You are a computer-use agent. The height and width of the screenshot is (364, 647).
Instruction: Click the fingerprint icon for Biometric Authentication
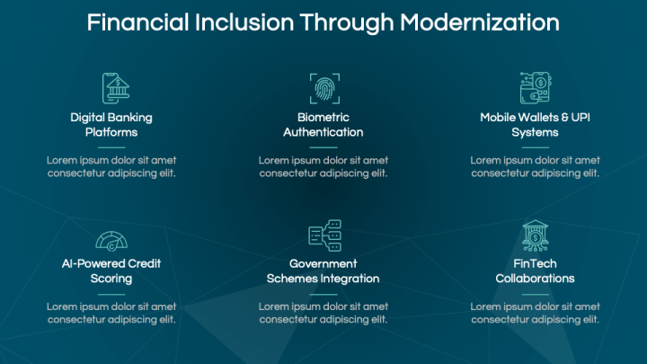click(x=323, y=88)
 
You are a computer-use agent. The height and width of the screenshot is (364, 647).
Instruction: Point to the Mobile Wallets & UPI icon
click(x=535, y=88)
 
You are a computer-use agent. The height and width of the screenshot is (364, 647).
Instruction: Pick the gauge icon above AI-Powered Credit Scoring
click(x=111, y=238)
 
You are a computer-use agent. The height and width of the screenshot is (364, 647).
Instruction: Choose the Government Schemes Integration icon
click(x=323, y=235)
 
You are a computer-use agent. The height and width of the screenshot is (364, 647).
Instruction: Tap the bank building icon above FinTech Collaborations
click(x=535, y=235)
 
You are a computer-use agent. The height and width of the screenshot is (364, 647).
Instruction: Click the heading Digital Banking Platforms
click(x=111, y=125)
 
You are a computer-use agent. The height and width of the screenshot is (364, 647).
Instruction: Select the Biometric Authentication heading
click(x=323, y=125)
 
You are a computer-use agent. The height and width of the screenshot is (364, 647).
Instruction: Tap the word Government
click(x=323, y=264)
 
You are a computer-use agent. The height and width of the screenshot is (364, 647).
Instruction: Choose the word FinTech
click(x=535, y=264)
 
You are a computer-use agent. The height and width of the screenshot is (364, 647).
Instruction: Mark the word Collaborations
click(x=535, y=279)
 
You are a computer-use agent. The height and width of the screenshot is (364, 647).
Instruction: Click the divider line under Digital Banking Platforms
click(x=111, y=146)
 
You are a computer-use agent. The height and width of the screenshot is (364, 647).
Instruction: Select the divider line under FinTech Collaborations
click(x=535, y=293)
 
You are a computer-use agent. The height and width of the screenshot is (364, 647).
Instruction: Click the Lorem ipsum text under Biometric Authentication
click(x=323, y=167)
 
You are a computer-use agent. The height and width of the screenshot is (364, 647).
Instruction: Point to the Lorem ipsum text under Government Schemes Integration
click(x=323, y=313)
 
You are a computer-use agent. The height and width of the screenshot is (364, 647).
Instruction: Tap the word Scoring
click(x=111, y=279)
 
